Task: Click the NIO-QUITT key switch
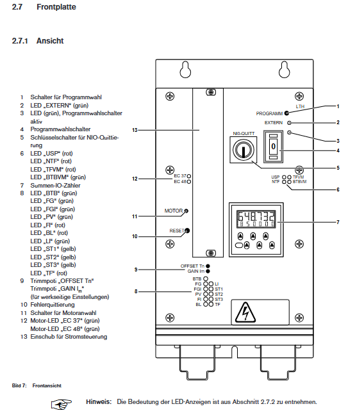tap(243, 150)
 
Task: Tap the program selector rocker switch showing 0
tap(273, 147)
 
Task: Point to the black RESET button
tap(187, 230)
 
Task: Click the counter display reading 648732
tap(256, 219)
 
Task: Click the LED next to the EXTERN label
tap(289, 123)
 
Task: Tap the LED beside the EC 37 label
tap(189, 176)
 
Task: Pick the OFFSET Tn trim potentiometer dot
tap(208, 266)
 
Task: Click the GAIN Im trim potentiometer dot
tap(208, 271)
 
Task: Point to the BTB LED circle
tap(206, 279)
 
